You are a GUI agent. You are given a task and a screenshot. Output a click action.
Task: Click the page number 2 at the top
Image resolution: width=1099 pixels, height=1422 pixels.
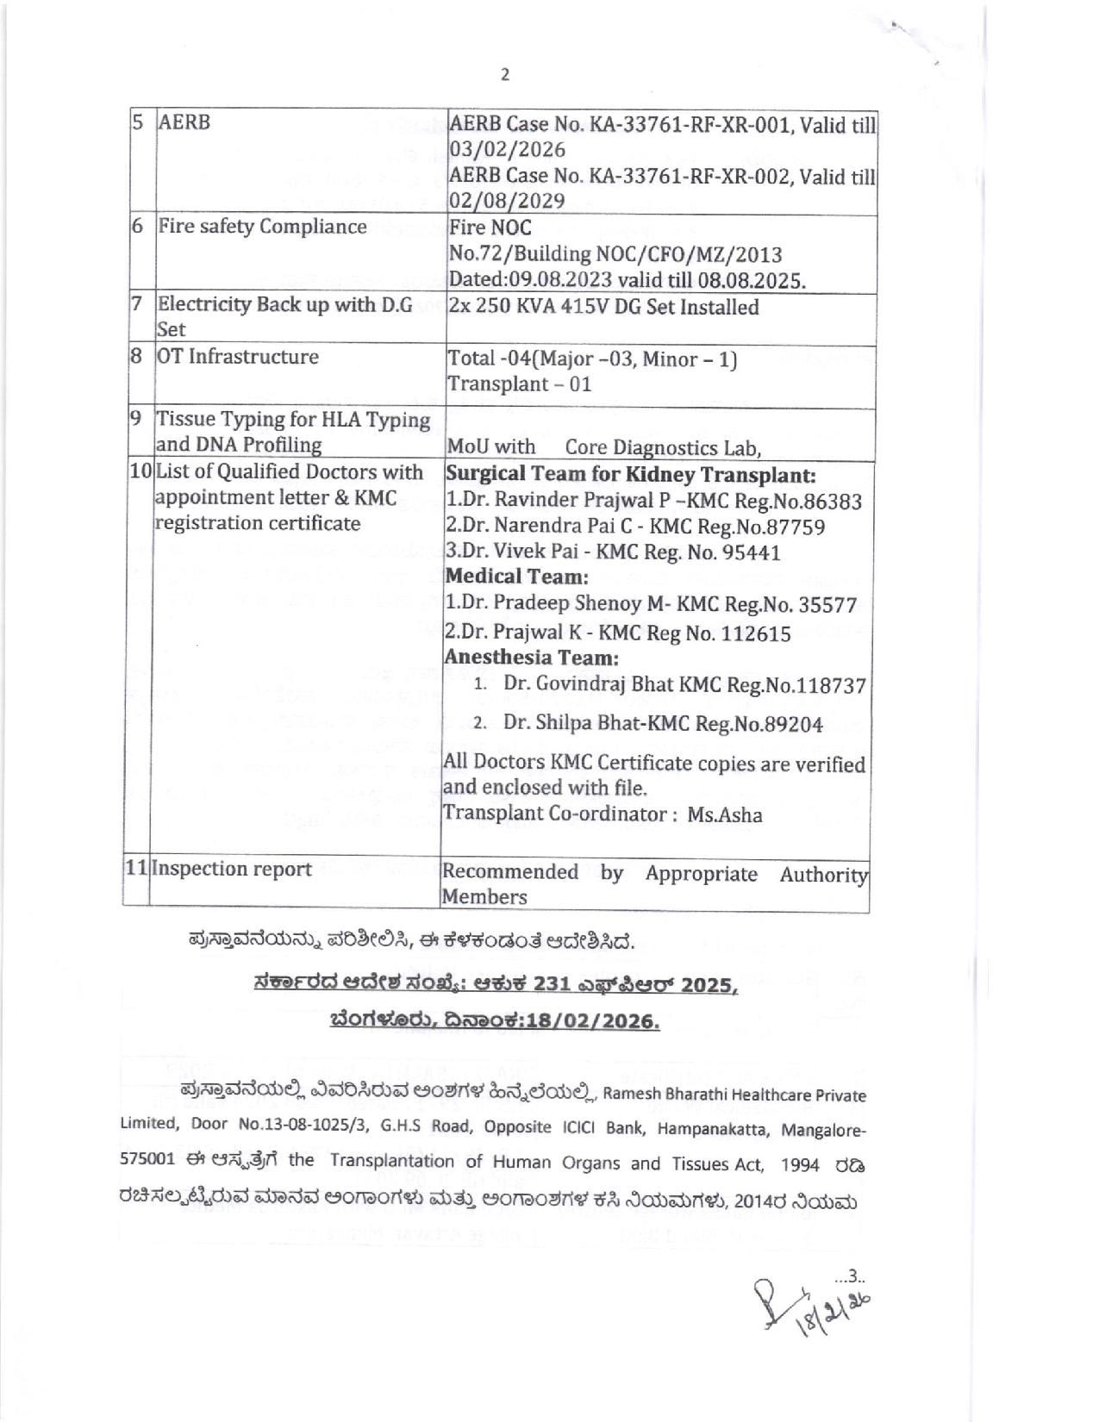pos(505,75)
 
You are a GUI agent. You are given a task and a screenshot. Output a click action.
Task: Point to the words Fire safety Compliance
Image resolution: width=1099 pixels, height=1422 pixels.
pos(262,227)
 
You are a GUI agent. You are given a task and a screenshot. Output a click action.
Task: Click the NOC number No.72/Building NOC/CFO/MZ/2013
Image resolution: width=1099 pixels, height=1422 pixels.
pos(615,254)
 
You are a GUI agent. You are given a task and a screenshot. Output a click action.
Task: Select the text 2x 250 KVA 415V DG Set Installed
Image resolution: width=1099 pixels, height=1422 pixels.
pos(603,308)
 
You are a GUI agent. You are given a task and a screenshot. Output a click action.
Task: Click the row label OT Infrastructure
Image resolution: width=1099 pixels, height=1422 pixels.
pos(237,357)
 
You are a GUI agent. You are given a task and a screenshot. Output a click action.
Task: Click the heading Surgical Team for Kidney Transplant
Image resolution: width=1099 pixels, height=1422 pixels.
pos(630,475)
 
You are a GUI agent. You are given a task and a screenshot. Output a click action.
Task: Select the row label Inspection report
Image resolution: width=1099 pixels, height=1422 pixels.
pos(232,869)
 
